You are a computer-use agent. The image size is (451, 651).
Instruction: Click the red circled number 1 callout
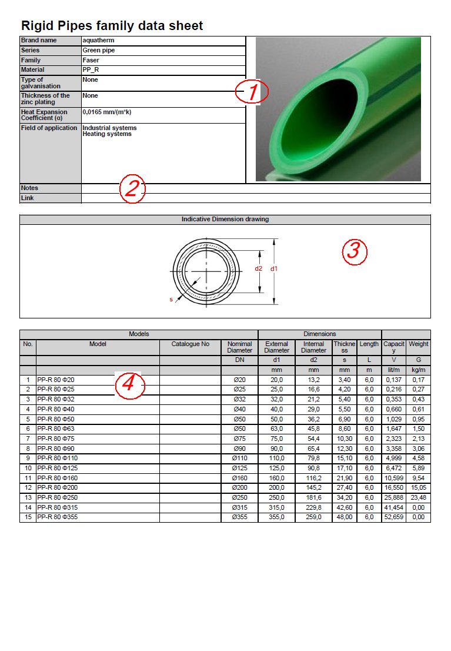pos(252,92)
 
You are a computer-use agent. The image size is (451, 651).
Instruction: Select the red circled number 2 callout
pos(132,188)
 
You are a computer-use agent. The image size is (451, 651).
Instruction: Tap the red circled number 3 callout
pos(355,251)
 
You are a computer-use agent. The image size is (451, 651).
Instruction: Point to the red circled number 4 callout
pos(129,385)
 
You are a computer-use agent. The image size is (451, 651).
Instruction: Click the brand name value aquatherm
pos(98,41)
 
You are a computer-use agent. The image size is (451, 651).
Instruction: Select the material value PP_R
pos(91,70)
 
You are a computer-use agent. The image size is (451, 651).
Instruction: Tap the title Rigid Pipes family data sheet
pos(112,26)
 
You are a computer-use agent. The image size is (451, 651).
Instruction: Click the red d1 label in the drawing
pos(273,269)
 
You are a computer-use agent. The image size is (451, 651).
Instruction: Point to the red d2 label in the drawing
pos(258,269)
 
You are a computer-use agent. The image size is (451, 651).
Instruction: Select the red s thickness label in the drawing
pos(171,300)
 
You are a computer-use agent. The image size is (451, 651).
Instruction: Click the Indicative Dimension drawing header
pos(225,220)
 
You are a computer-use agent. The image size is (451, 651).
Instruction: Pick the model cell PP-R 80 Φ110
pos(58,459)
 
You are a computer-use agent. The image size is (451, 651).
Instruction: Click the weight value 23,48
pos(418,498)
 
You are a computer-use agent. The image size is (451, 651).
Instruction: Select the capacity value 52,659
pos(394,518)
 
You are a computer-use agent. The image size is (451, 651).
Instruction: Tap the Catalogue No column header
pos(190,344)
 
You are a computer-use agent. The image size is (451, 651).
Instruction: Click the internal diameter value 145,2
pos(313,488)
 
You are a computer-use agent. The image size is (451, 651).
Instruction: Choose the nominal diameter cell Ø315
pos(239,508)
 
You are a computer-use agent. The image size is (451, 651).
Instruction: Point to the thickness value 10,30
pos(344,439)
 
